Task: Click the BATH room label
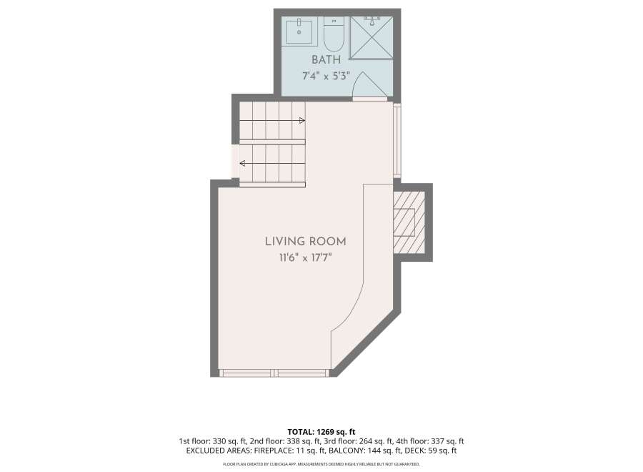(x=326, y=59)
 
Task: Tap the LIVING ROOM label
(x=306, y=241)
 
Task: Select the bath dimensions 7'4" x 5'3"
(x=326, y=76)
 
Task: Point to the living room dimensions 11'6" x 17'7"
(x=306, y=257)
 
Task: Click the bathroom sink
(x=299, y=31)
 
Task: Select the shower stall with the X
(x=372, y=38)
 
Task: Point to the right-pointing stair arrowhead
(x=302, y=120)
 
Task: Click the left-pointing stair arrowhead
(x=242, y=163)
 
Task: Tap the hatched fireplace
(x=409, y=222)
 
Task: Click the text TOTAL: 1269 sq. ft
(x=321, y=432)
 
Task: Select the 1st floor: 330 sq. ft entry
(x=212, y=442)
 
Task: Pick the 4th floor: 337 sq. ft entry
(x=430, y=442)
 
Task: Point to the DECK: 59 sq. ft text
(x=431, y=451)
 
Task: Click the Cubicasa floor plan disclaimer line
(x=321, y=464)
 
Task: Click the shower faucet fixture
(x=372, y=21)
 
